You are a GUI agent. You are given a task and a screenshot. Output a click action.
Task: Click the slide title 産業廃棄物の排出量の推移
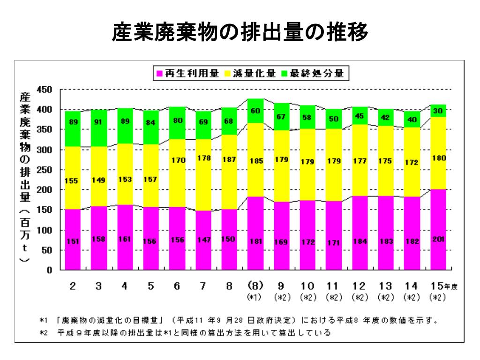tap(240, 33)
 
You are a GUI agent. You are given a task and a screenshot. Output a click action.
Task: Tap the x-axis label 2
tap(73, 286)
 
